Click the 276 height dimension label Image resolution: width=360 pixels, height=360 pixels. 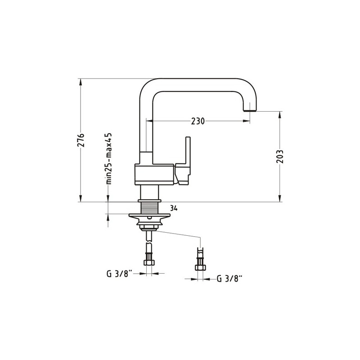click(x=81, y=139)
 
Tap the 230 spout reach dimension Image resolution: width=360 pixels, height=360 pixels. click(x=198, y=121)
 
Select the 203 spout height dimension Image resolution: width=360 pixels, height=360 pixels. click(x=279, y=156)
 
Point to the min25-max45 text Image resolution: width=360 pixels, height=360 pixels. click(x=108, y=158)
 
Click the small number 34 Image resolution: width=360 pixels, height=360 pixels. click(x=174, y=208)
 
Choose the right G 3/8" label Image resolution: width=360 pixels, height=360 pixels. click(x=230, y=279)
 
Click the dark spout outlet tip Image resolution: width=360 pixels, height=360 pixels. click(x=250, y=110)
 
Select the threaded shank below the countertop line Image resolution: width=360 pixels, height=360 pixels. click(x=149, y=208)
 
